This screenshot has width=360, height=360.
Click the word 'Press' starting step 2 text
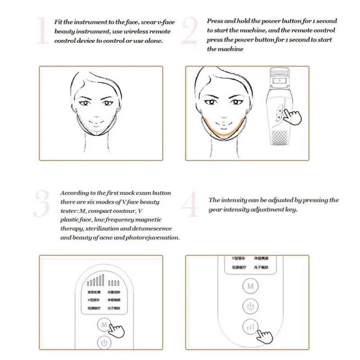click(215, 21)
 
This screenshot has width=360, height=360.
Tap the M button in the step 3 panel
click(104, 324)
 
